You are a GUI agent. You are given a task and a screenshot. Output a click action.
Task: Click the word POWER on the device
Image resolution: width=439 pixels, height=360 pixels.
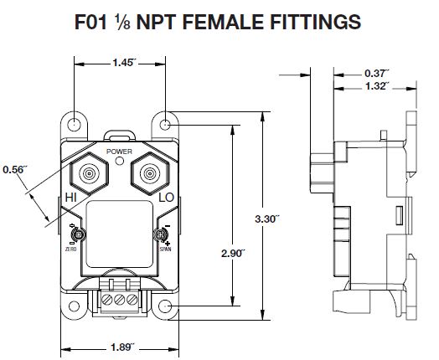[120, 150]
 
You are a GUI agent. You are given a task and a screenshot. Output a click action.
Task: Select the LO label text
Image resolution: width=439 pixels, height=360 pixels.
[166, 198]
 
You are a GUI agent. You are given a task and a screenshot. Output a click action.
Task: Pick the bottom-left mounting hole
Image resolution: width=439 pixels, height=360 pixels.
[75, 308]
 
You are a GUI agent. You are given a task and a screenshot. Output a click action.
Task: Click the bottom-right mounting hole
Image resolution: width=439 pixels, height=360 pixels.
[166, 308]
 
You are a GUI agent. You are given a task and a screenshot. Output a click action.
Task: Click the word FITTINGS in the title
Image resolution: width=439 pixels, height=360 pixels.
[312, 20]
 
